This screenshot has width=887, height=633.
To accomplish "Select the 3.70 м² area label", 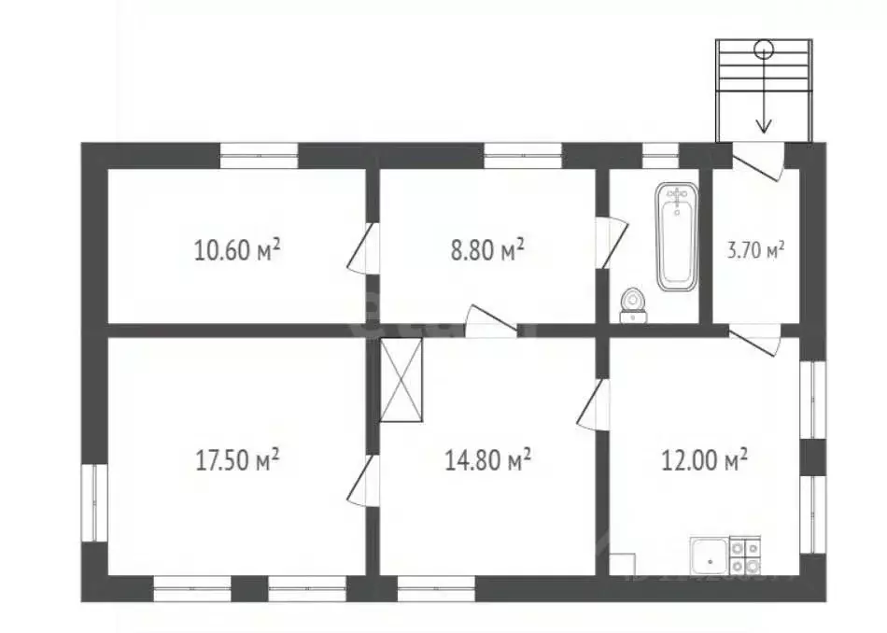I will click(755, 249).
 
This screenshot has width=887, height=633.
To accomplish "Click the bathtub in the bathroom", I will click(677, 236).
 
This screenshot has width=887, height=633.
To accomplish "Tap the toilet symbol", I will click(634, 306).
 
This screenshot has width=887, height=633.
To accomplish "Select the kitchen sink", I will click(709, 557).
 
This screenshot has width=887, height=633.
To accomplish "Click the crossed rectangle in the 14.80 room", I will click(401, 380).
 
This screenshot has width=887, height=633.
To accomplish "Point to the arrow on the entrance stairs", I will click(764, 112).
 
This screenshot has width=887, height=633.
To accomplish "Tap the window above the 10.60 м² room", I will click(259, 155).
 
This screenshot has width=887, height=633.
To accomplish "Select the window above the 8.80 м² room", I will click(523, 155).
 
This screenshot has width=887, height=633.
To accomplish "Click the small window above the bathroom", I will click(660, 155).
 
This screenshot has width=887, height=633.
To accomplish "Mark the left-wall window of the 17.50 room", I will click(94, 502).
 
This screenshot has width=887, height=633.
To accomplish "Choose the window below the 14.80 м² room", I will click(436, 588).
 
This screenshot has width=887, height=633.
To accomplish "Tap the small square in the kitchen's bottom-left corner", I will click(623, 565).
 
